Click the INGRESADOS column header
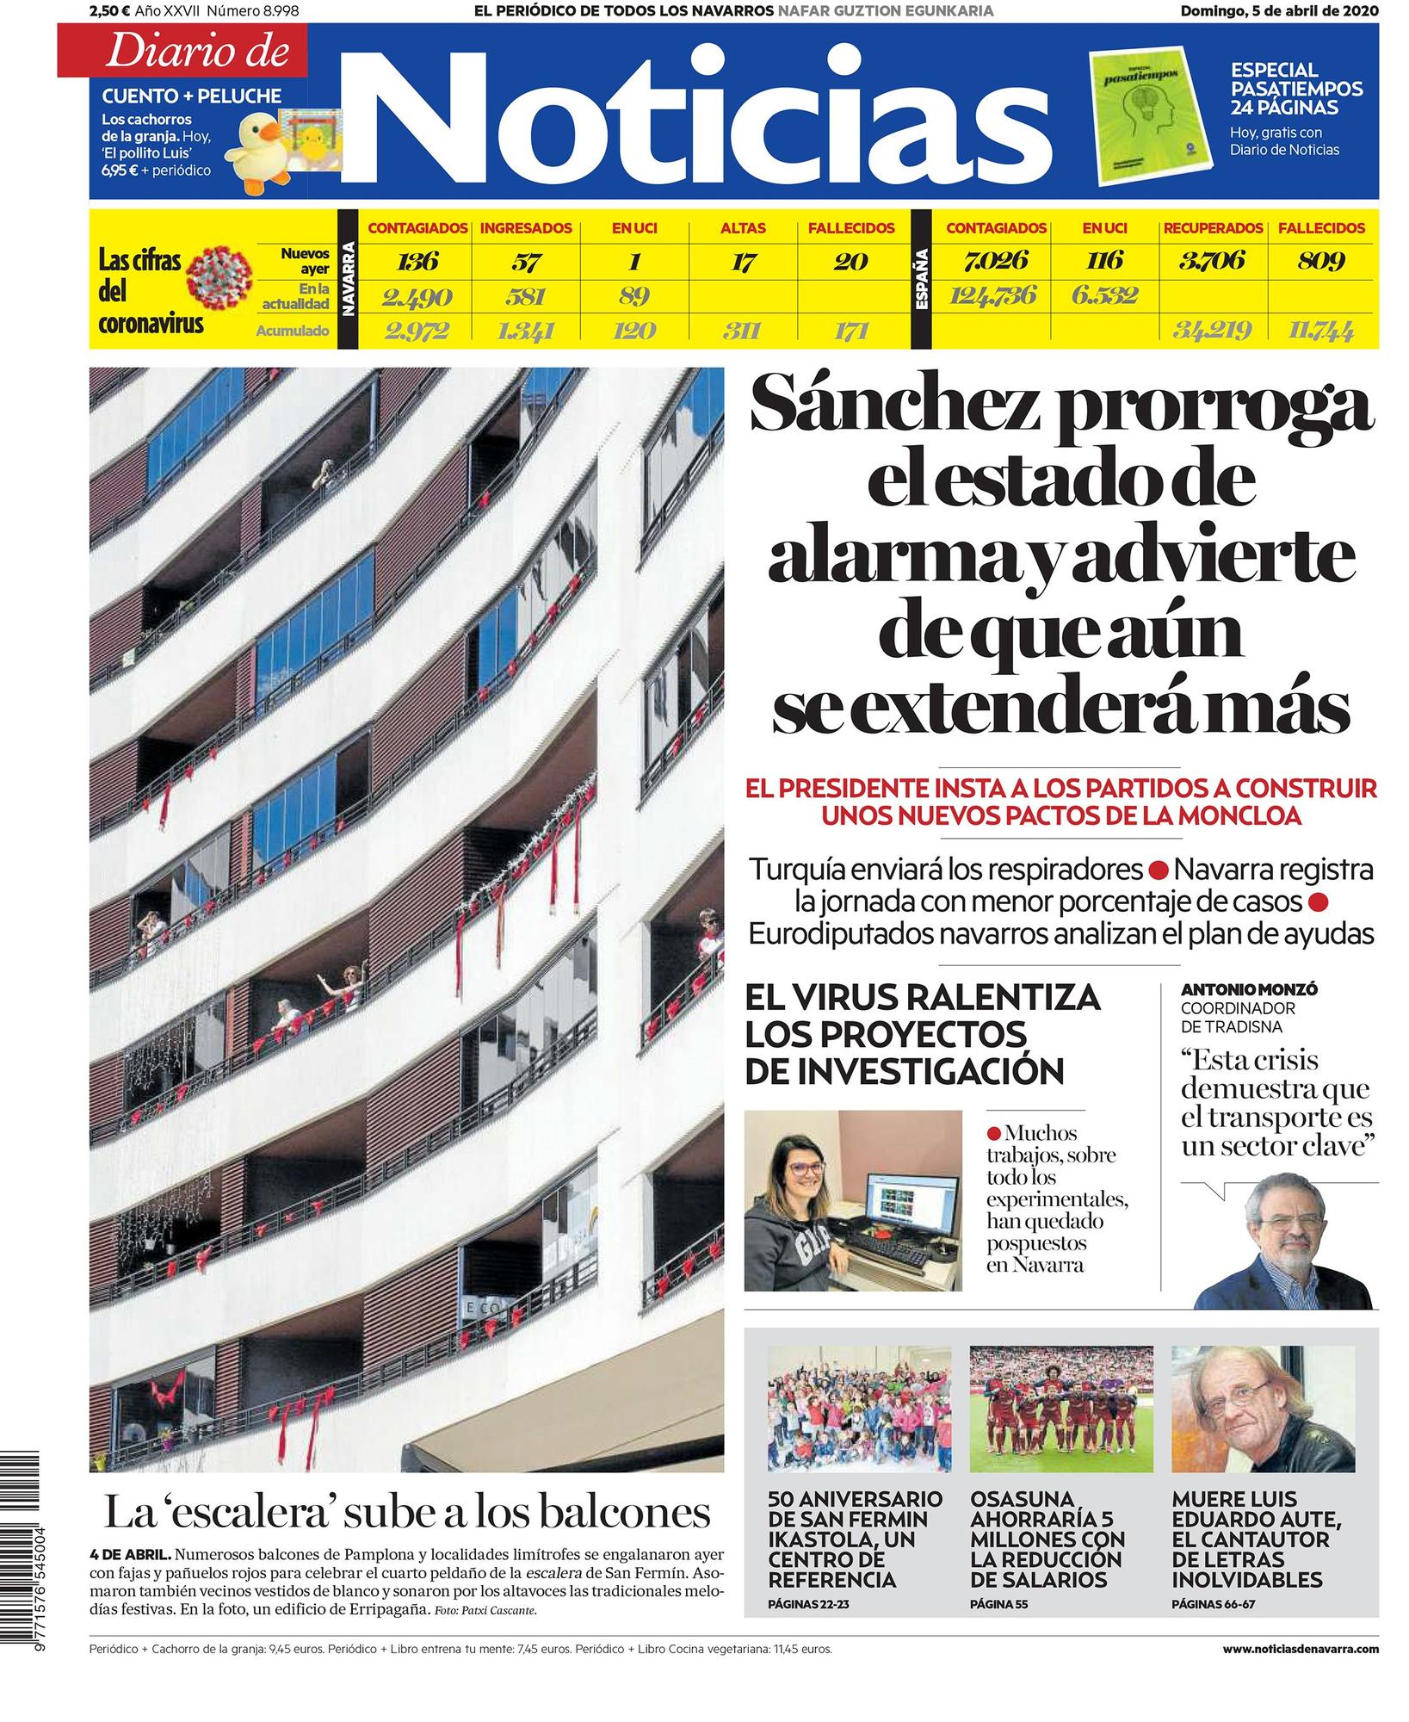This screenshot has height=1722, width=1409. coord(525,229)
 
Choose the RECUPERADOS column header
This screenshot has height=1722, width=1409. coord(1213,229)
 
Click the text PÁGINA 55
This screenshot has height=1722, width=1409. coord(998,1604)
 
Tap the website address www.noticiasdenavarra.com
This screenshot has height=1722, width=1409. coord(1300,1649)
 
